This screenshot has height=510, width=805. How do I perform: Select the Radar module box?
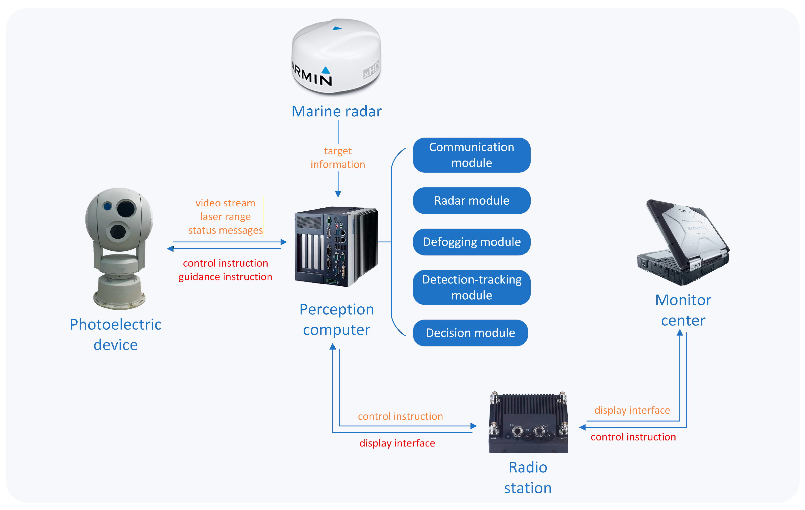[471, 200]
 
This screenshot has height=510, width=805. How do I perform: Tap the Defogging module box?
[471, 242]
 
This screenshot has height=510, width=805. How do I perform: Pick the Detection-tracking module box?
[471, 287]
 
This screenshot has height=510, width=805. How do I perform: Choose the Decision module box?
[470, 333]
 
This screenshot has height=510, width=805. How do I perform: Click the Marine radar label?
[337, 111]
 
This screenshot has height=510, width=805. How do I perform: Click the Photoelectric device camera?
[119, 248]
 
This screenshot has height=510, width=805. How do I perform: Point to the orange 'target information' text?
[338, 157]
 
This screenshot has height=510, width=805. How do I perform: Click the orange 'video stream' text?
[225, 203]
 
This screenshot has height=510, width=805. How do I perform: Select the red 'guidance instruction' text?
[225, 277]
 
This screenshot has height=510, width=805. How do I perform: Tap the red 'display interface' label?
[397, 443]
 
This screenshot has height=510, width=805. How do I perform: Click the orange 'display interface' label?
[632, 410]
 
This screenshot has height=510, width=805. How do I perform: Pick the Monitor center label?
[683, 310]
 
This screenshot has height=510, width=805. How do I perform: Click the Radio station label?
[528, 477]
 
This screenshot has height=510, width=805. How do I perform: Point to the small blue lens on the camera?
[107, 206]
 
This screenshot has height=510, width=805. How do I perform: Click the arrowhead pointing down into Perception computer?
[338, 194]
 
